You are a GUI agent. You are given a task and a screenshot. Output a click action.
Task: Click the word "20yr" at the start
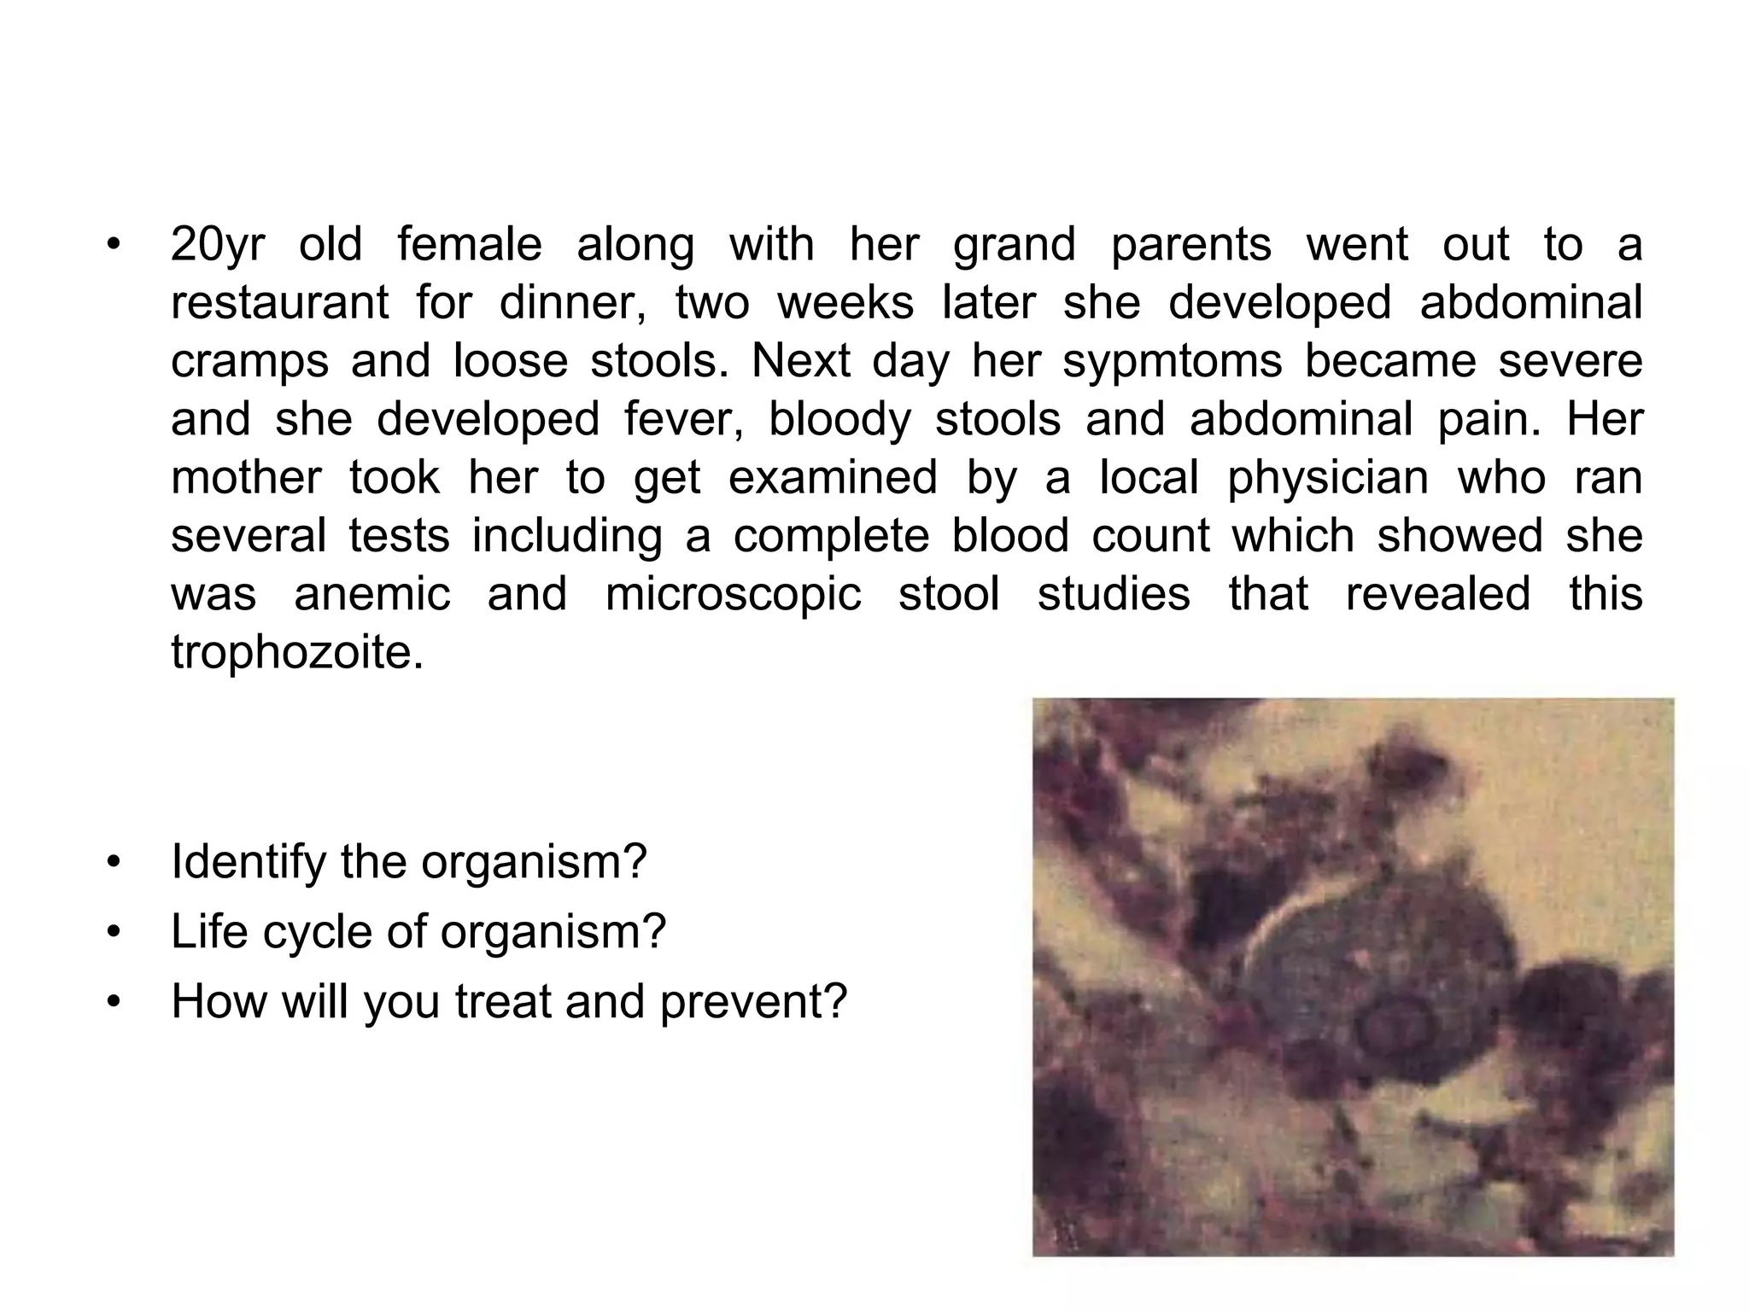tap(218, 246)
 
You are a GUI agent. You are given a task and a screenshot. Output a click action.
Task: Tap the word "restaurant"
tap(279, 303)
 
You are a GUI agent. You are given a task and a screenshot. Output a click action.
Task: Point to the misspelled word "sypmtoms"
tap(1173, 361)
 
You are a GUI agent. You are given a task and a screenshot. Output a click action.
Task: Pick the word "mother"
tap(246, 477)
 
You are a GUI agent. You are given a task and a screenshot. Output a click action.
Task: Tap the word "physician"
tap(1328, 478)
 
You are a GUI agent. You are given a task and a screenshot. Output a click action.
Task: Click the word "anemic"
tap(372, 593)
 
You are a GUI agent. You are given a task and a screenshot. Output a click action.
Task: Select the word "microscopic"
tap(734, 594)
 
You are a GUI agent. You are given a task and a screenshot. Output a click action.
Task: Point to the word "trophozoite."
tap(297, 652)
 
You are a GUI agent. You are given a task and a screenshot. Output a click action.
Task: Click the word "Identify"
tap(249, 863)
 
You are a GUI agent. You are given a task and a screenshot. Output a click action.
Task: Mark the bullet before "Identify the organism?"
tap(112, 863)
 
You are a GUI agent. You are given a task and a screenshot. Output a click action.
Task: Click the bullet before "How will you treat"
tap(112, 1002)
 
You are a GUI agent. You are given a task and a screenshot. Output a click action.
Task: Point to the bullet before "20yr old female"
tap(112, 246)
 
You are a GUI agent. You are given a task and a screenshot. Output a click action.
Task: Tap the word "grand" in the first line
tap(1014, 246)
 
